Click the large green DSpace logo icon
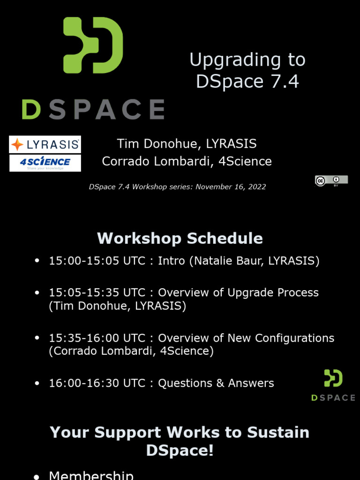coord(93,45)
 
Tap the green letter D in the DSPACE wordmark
coord(31,109)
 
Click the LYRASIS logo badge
coord(45,144)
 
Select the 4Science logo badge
coord(45,163)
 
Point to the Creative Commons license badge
coord(331,181)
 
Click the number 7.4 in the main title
coord(285,82)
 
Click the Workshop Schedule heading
coord(180,238)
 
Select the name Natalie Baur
coord(228,261)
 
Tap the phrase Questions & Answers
coord(216,383)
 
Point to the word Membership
coord(91,475)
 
